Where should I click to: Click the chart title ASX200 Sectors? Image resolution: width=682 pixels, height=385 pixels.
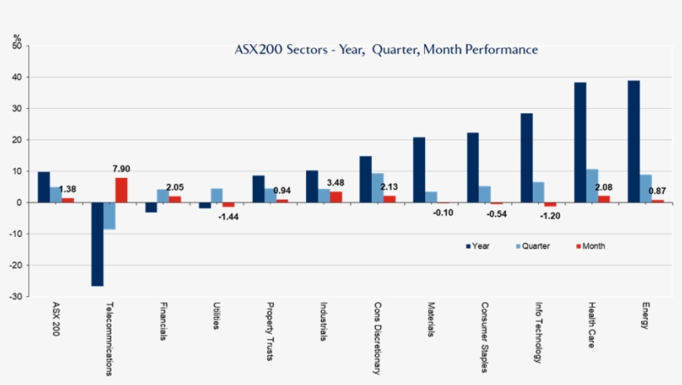tap(387, 50)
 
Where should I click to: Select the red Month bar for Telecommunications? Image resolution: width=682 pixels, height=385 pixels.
tap(121, 190)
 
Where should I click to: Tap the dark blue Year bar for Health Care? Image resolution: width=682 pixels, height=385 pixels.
tap(580, 142)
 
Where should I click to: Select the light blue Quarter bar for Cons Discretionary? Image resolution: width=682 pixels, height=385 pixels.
tap(378, 188)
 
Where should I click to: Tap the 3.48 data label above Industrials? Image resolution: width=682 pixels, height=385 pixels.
tap(337, 182)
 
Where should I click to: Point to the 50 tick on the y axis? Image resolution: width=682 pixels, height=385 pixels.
tap(16, 47)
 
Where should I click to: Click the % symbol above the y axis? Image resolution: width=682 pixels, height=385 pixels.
tap(17, 37)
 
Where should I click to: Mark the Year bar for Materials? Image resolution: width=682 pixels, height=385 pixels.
tap(419, 170)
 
